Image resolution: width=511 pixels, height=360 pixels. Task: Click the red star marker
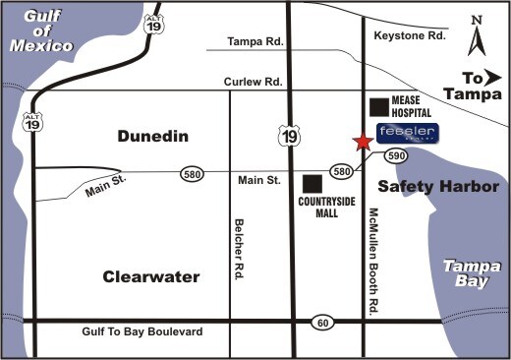[363, 142]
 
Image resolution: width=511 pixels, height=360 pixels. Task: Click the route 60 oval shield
[322, 323]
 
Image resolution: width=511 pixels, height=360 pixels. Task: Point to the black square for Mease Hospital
[377, 106]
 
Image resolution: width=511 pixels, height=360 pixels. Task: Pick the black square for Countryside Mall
[312, 183]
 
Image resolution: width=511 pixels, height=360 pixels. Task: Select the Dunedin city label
[152, 137]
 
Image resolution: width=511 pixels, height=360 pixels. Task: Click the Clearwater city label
[151, 276]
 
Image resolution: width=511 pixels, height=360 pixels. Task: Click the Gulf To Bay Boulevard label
[144, 332]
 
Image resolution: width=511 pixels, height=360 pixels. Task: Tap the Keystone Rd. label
[410, 36]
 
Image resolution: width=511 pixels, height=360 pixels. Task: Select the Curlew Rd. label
[255, 82]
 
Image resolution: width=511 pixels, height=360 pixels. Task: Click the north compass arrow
[477, 38]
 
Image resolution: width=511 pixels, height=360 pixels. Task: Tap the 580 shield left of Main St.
[193, 173]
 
